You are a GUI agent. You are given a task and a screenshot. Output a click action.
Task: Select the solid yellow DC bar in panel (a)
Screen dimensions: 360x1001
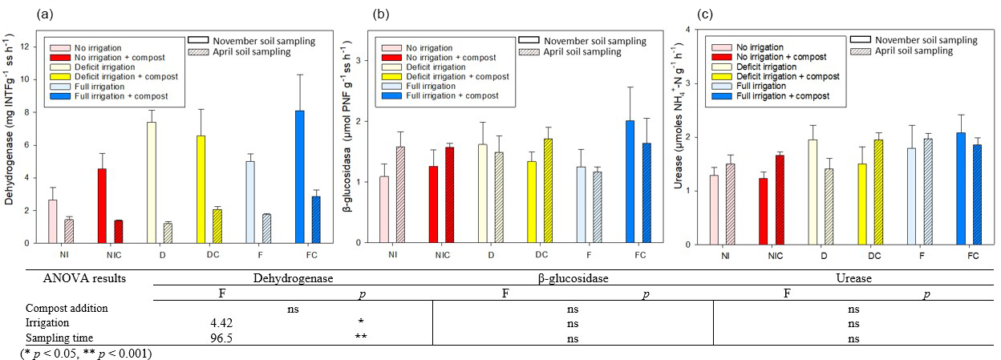coord(201,189)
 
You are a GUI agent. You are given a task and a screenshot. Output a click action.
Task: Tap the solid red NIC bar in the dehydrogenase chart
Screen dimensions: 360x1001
coord(102,205)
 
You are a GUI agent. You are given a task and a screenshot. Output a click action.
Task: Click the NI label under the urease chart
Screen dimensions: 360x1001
coord(725,255)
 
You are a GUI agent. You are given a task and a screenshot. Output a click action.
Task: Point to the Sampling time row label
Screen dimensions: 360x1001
coord(57,338)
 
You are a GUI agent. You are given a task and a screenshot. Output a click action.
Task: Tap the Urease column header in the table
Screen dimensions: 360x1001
coord(854,278)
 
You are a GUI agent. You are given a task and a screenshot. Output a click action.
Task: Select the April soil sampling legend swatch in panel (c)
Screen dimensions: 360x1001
coord(862,51)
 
